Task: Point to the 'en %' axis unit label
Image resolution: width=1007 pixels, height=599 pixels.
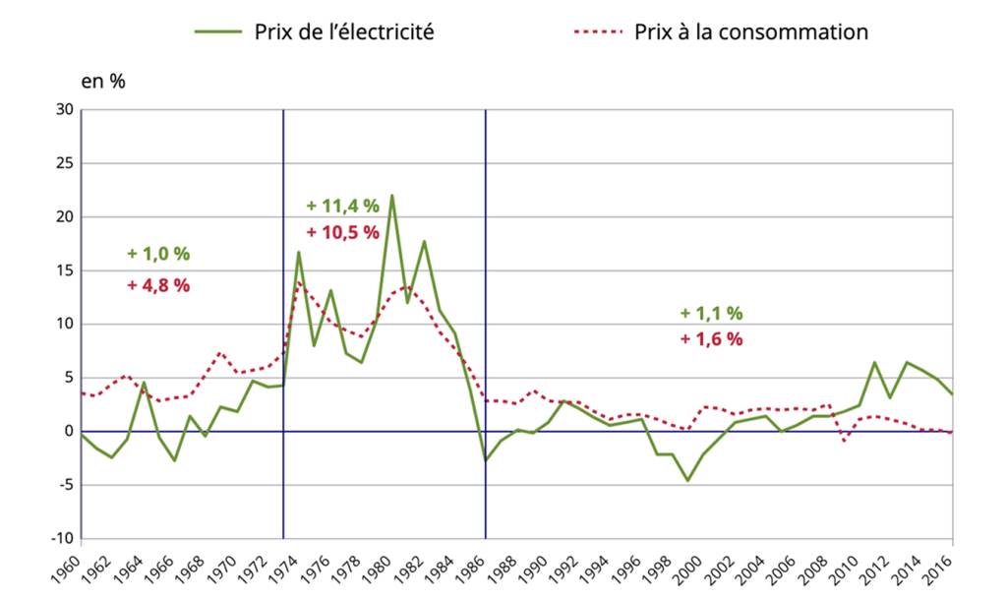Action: (x=102, y=82)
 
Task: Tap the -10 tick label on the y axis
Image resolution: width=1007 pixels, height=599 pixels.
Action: (x=62, y=538)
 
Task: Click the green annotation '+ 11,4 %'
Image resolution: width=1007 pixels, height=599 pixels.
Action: (x=342, y=206)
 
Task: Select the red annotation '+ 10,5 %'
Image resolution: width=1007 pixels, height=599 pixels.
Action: (x=342, y=233)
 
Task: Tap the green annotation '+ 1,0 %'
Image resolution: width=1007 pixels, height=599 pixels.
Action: (x=158, y=254)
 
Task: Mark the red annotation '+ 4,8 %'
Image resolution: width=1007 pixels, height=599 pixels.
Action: (x=158, y=285)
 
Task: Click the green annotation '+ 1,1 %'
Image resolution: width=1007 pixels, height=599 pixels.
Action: (x=711, y=314)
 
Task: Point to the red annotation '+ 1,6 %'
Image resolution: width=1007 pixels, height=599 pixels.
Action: (x=711, y=339)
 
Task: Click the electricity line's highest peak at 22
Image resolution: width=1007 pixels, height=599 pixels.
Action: (x=392, y=195)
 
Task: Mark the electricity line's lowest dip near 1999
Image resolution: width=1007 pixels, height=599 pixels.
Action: (x=687, y=480)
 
